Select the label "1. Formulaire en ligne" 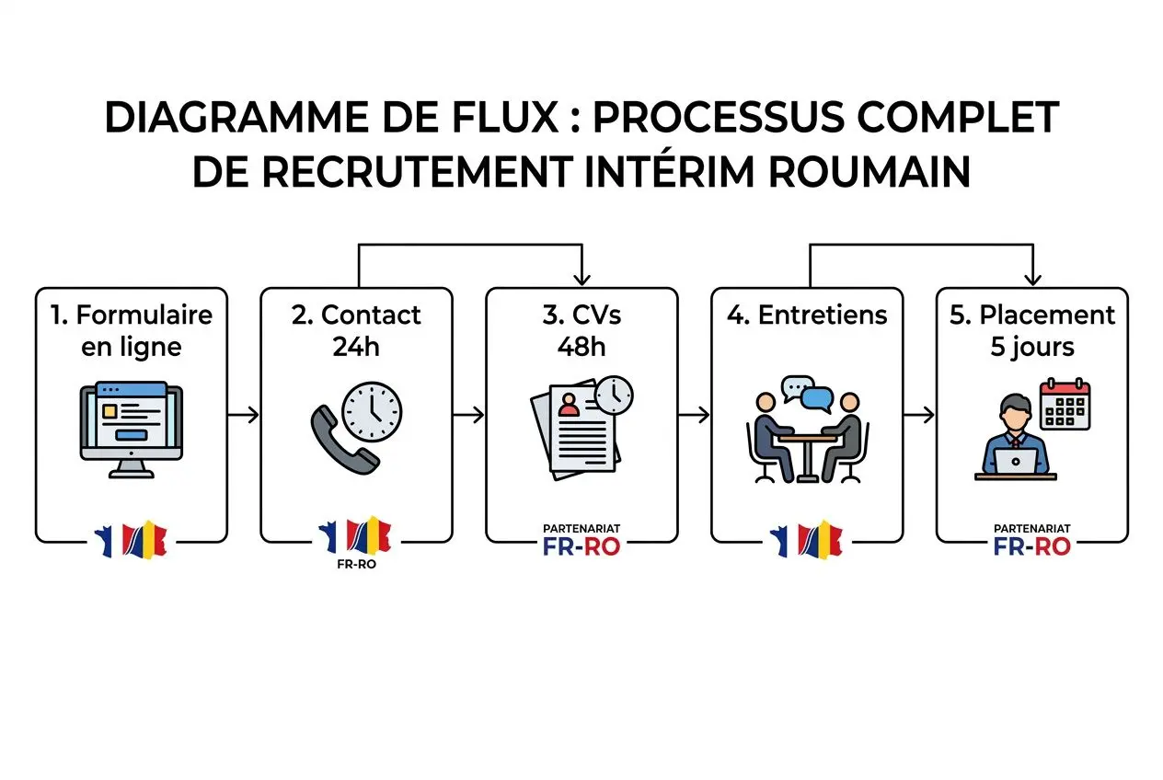point(131,330)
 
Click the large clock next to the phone point(372,410)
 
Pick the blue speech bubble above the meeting point(816,399)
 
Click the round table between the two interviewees point(807,451)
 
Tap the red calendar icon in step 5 point(1064,404)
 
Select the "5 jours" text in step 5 point(1031,348)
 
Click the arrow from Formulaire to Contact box point(243,416)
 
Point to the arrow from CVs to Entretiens point(694,416)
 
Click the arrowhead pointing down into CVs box point(581,277)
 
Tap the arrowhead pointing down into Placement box point(1032,277)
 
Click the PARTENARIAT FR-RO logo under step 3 point(581,541)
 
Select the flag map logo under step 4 point(806,541)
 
